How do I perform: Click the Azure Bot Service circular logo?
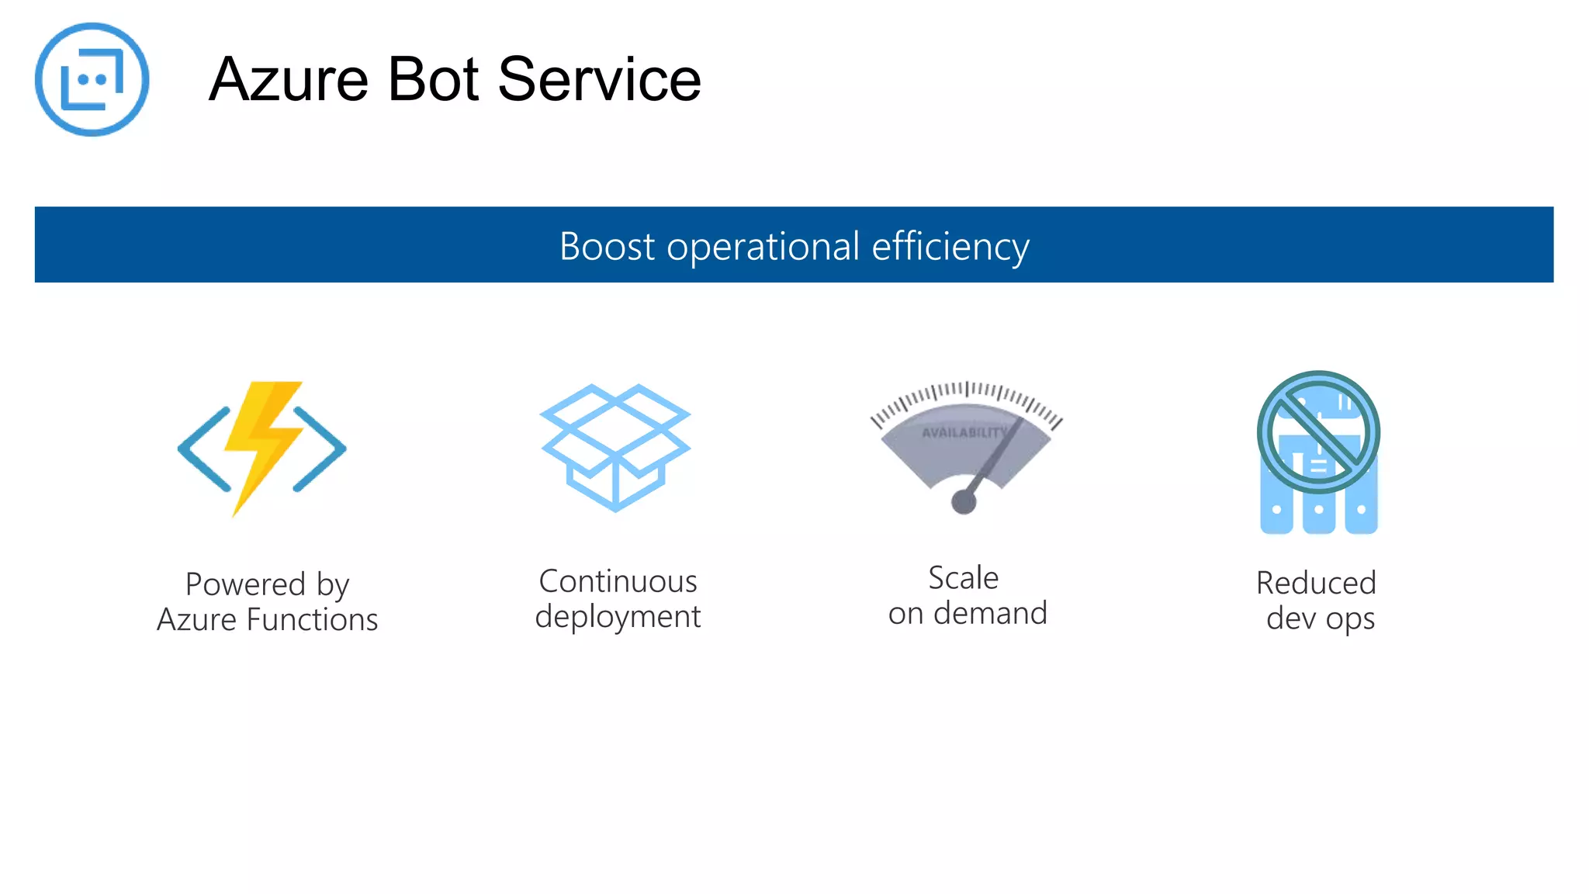tap(92, 79)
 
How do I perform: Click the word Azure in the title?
tap(288, 79)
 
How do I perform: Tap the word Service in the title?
tap(599, 79)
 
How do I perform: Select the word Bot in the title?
tap(433, 79)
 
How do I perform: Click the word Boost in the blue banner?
tap(607, 247)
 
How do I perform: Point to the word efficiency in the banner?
tap(950, 247)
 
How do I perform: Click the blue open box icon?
tap(615, 447)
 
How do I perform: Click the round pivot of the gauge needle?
tap(964, 502)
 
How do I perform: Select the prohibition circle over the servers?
tap(1318, 431)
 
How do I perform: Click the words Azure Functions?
tap(267, 620)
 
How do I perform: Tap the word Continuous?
tap(618, 581)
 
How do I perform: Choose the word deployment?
tap(618, 617)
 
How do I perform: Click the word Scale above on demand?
tap(964, 578)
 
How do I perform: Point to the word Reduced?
tap(1316, 583)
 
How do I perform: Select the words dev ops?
tap(1320, 619)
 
